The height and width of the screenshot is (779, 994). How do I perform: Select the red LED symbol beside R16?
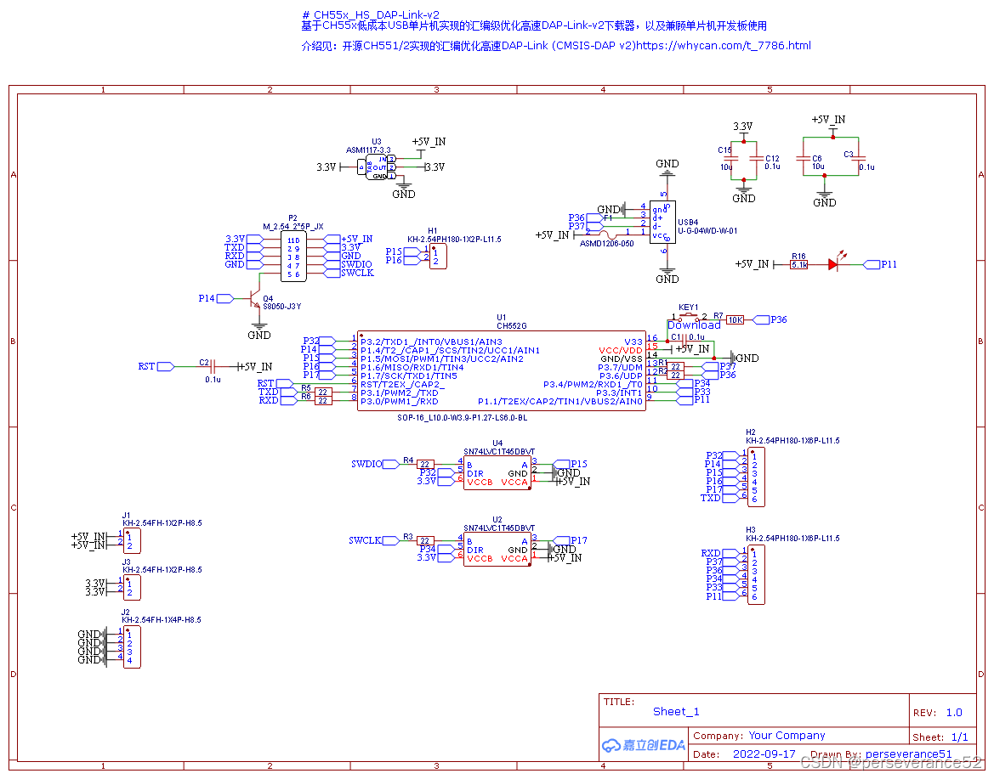coord(834,265)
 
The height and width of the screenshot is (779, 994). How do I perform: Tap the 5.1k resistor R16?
coord(799,265)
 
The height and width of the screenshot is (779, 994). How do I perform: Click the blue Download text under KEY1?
coord(694,325)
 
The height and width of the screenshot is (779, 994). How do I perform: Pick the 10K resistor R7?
coord(735,319)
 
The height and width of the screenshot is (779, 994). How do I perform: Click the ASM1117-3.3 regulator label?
coord(368,150)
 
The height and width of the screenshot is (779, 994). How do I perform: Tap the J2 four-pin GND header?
coord(131,646)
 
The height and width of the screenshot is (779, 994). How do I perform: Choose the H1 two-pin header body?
coord(435,256)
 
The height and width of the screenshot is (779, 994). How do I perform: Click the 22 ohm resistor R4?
coord(425,464)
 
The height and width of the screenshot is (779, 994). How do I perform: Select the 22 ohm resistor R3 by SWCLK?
coord(425,540)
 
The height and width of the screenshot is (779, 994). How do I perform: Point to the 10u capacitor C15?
coord(730,161)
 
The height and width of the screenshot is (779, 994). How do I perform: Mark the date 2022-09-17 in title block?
coord(764,754)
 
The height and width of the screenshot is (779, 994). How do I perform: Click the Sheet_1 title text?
coord(676,712)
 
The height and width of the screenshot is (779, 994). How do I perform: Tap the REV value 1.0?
coord(953,713)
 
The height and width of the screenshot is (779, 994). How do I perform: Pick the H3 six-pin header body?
coord(753,574)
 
